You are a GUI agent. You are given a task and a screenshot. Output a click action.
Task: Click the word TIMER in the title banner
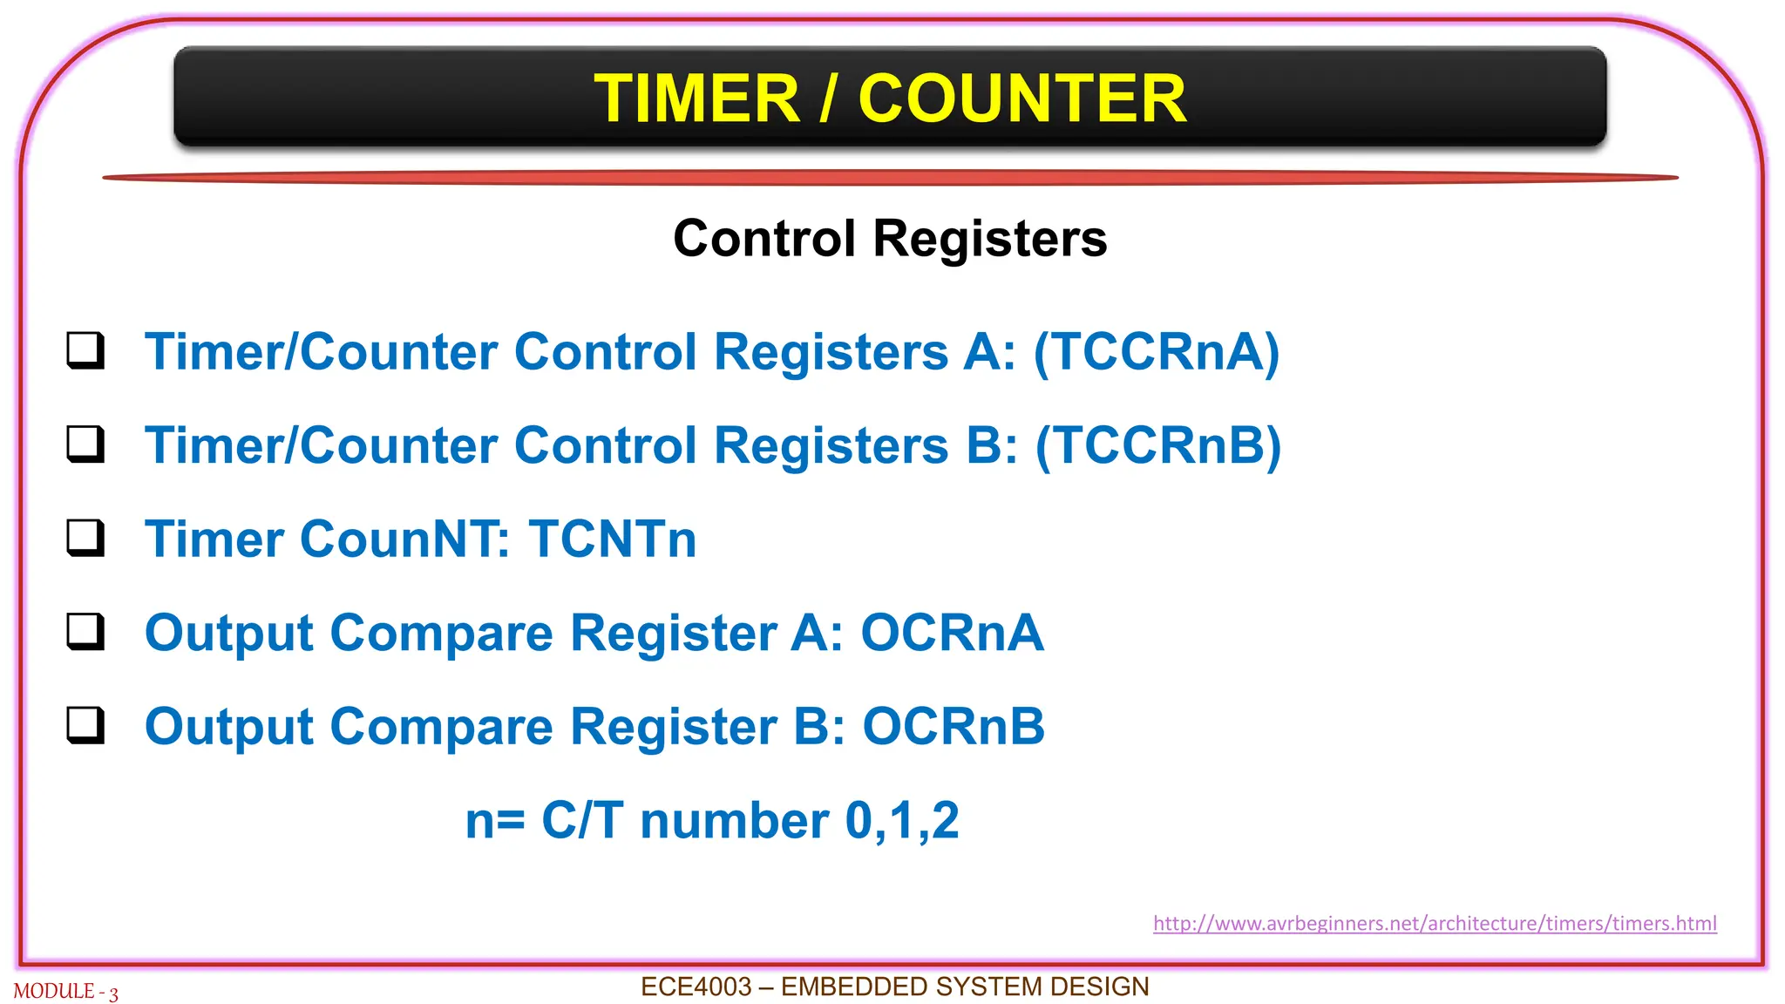[696, 98]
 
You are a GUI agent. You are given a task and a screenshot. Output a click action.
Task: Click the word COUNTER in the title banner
[1021, 98]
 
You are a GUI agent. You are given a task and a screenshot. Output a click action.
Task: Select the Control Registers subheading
[890, 238]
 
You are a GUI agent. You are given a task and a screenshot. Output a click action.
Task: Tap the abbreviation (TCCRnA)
[1157, 352]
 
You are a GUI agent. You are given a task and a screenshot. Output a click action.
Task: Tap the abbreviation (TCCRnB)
[1157, 445]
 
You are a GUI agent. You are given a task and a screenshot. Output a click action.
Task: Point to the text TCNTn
[613, 539]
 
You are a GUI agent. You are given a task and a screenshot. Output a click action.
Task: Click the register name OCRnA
[952, 633]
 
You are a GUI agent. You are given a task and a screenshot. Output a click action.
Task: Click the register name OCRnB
[954, 726]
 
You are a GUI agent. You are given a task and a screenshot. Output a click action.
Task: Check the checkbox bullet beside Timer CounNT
[85, 537]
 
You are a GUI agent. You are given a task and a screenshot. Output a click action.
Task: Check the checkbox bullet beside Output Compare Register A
[85, 631]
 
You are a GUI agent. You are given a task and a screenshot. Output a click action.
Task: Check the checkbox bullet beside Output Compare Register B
[85, 724]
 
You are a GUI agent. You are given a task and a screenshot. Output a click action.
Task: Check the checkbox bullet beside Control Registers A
[85, 350]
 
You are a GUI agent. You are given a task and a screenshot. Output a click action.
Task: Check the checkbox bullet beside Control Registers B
[85, 444]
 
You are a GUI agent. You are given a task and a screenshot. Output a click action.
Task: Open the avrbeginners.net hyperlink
[1435, 923]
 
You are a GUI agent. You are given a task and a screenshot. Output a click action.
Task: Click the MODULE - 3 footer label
[65, 992]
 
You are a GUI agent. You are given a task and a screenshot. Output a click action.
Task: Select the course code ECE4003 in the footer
[696, 987]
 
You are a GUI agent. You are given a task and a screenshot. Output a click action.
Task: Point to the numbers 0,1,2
[902, 821]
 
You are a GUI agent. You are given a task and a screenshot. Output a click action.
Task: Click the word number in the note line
[735, 821]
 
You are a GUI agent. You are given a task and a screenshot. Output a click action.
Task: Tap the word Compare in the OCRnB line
[442, 728]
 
